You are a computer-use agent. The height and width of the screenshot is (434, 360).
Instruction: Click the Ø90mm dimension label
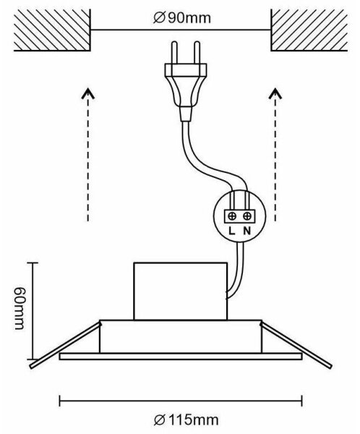(x=181, y=18)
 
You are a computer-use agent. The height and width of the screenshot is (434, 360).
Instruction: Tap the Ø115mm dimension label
(x=186, y=420)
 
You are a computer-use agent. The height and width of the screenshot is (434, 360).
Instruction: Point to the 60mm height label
(x=20, y=309)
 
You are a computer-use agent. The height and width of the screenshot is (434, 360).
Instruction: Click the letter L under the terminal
(x=232, y=231)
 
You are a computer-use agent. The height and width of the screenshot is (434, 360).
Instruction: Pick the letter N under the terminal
(x=247, y=231)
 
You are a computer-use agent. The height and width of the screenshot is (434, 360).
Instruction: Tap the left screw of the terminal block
(x=233, y=216)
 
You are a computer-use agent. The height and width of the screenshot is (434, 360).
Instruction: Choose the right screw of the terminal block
(x=247, y=216)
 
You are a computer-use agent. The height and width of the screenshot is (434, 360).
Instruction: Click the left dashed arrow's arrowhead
(x=88, y=93)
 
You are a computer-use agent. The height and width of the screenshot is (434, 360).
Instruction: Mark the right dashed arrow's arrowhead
(x=275, y=93)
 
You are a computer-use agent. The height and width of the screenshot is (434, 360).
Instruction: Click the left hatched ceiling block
(x=52, y=30)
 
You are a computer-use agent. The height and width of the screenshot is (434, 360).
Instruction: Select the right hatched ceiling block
(x=309, y=30)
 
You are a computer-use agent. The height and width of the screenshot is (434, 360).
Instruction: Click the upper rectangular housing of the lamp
(x=180, y=292)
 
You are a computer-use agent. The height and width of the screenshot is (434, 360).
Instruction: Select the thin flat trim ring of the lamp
(x=181, y=357)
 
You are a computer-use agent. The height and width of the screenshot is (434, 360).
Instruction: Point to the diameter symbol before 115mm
(x=160, y=420)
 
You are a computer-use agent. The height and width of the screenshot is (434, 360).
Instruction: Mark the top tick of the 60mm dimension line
(x=33, y=263)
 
